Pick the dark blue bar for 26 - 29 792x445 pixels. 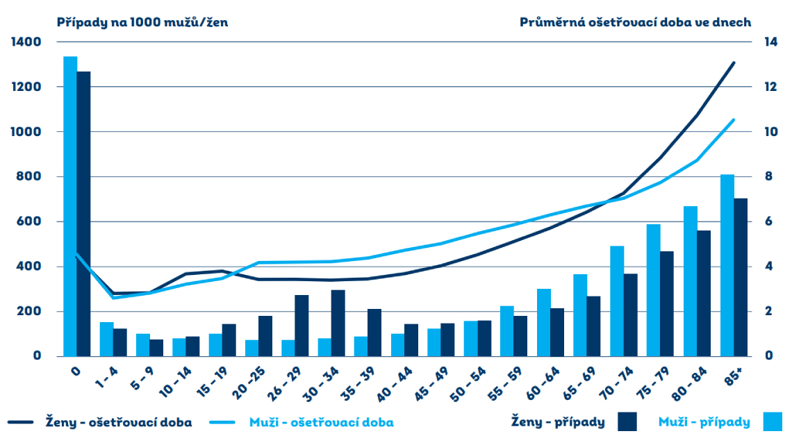[x=302, y=326]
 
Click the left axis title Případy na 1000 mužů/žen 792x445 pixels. [x=142, y=22]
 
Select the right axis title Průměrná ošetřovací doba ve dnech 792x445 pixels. [x=635, y=22]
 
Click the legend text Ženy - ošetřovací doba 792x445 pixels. [x=118, y=422]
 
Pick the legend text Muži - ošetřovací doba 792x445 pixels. [x=322, y=422]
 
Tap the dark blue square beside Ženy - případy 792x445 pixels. [x=627, y=421]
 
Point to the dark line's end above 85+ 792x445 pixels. [x=734, y=62]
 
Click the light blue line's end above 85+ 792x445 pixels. [x=734, y=119]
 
